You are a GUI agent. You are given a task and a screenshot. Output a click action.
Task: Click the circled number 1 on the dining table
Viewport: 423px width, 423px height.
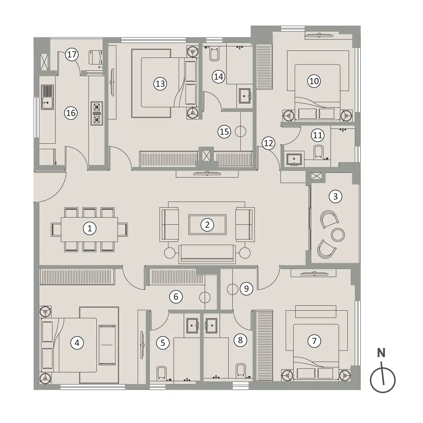pos(90,229)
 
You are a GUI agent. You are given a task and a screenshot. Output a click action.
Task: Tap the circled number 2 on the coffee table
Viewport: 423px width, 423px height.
pos(207,225)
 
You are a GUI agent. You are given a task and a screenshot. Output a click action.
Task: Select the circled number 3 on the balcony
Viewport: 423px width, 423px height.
pos(335,196)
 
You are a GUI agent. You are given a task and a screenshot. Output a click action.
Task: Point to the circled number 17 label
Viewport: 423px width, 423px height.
pos(72,55)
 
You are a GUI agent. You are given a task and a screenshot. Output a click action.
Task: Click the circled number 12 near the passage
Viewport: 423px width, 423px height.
pos(269,143)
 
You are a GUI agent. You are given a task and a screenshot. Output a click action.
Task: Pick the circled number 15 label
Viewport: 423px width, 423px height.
pos(224,132)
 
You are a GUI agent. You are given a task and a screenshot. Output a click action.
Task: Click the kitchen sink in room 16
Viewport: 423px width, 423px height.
pos(47,97)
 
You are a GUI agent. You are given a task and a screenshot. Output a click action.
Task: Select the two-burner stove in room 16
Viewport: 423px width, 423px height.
pos(97,113)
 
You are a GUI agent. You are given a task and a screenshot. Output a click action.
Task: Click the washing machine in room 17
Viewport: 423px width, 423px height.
pos(96,57)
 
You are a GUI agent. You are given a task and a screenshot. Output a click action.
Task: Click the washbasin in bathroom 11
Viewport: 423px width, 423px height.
pos(294,159)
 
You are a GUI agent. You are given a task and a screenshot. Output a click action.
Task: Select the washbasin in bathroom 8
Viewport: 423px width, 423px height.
pos(211,326)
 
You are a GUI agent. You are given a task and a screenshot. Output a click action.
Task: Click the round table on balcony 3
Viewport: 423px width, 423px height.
pos(338,235)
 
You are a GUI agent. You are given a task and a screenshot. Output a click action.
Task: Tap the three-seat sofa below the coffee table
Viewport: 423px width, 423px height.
pos(207,254)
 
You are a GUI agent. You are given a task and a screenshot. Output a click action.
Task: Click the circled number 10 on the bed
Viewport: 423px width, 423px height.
pos(314,81)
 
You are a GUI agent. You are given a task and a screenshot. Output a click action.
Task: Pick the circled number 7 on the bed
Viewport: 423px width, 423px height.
pos(314,341)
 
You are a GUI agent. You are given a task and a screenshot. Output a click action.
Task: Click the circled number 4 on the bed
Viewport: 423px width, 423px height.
pos(77,343)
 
